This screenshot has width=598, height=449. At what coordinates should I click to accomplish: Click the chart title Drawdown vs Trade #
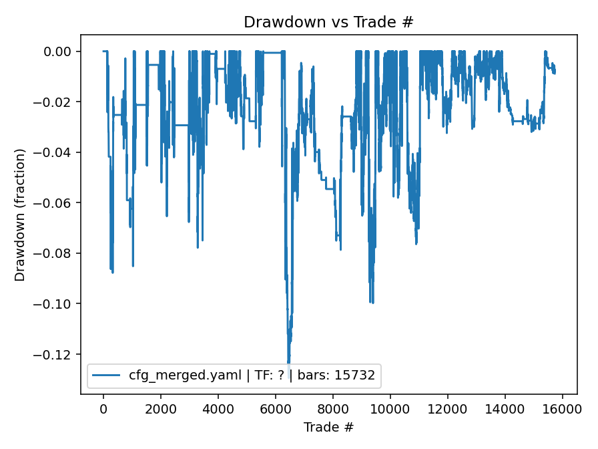328,22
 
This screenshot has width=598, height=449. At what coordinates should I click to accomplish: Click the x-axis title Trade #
328,427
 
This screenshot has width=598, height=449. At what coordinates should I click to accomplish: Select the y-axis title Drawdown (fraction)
20,214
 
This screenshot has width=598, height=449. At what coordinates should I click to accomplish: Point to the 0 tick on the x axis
103,410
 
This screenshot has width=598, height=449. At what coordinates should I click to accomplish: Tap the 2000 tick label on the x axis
161,410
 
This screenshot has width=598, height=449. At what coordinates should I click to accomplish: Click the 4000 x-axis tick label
218,410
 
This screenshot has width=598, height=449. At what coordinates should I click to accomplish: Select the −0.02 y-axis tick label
57,102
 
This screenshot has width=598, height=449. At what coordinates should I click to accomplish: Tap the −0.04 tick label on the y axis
57,152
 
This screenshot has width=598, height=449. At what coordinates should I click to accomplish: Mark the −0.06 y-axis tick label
57,203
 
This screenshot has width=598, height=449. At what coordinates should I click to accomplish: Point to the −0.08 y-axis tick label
57,253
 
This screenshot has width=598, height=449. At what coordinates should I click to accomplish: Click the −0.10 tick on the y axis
57,304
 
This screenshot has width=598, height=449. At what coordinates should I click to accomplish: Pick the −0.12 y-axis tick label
57,354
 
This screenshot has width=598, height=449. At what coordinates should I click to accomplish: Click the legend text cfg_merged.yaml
185,376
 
